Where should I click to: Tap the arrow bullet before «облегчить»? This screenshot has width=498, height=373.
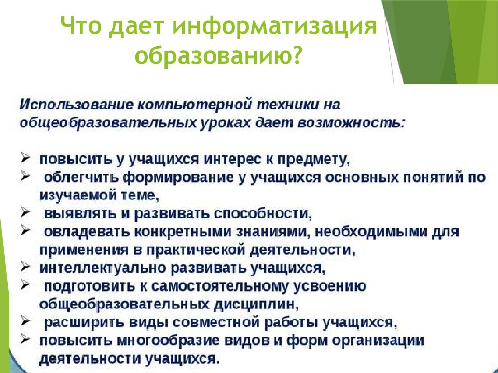(x=25, y=176)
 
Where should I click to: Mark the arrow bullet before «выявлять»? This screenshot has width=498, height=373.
(x=25, y=212)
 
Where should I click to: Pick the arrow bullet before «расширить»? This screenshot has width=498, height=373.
(x=25, y=321)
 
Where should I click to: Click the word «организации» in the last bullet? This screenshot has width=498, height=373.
(x=379, y=340)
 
